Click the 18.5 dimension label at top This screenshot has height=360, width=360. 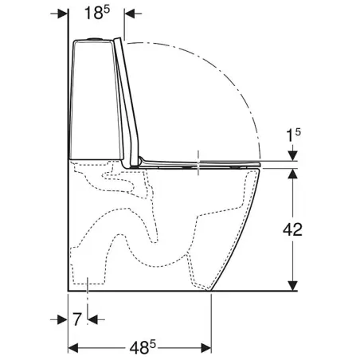coord(97,13)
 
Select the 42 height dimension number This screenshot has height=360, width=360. coord(292,229)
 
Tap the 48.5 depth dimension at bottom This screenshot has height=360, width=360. coord(143,347)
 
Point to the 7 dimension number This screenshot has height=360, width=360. coord(76,319)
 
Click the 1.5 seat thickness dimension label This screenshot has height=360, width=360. coord(294,135)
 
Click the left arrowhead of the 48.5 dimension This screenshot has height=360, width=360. coord(73,347)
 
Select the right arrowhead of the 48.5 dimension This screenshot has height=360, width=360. coord(206,347)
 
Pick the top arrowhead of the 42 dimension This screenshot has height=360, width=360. coord(293,174)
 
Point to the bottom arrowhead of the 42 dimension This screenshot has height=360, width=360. coord(293,286)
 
